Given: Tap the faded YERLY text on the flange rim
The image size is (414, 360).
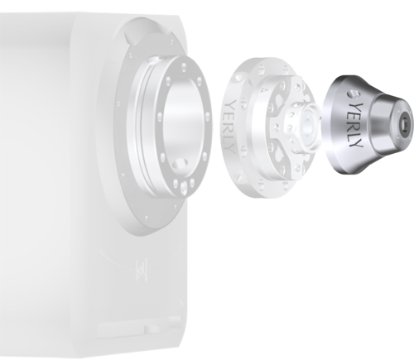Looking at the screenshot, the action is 230,127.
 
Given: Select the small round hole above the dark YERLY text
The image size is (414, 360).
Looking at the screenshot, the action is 353,94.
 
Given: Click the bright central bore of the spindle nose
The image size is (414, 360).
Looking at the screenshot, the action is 182,125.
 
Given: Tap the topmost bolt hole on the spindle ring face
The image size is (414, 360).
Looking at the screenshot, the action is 184,66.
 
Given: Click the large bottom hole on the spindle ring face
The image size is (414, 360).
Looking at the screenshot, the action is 183,188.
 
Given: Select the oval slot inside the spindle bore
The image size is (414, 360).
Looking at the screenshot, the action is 179,163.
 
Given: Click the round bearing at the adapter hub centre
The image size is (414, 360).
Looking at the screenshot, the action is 307,127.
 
